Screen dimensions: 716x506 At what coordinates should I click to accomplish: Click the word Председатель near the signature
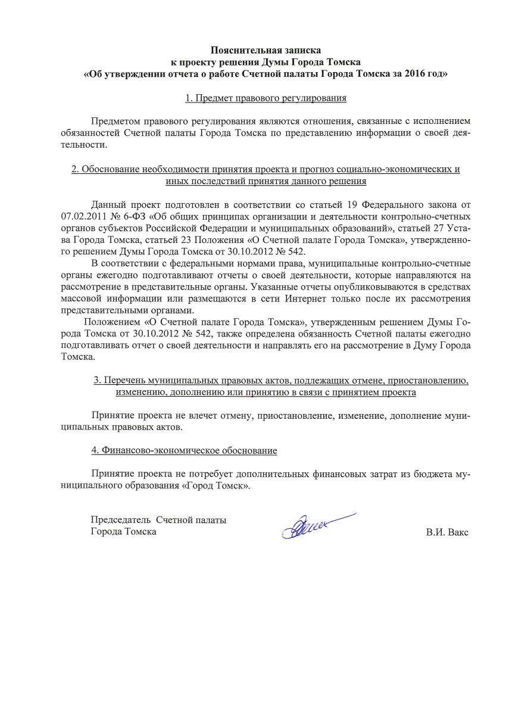coord(120,520)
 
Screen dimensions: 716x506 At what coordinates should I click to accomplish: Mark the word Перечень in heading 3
coord(129,380)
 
